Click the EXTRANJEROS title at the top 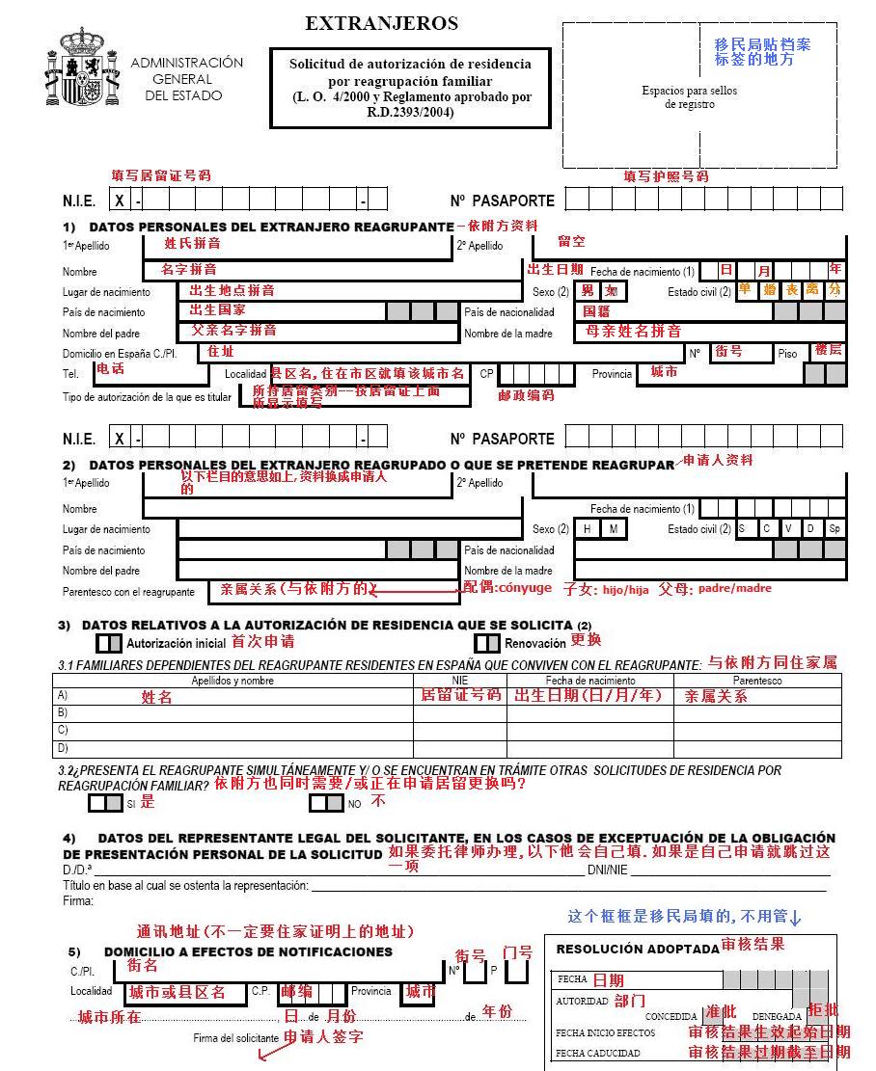(x=382, y=23)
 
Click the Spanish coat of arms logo (x=82, y=67)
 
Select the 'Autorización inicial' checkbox (x=109, y=642)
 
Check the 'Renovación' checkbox (x=487, y=643)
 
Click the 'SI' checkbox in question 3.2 (x=105, y=802)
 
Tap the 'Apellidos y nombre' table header (x=233, y=681)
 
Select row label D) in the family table (x=63, y=748)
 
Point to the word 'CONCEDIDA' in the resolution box (x=671, y=1016)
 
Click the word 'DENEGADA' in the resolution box (x=777, y=1016)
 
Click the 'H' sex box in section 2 (x=587, y=529)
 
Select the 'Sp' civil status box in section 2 (x=835, y=529)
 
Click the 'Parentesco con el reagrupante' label (x=128, y=592)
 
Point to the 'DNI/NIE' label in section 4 (x=608, y=870)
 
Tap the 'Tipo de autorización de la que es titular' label (x=148, y=396)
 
